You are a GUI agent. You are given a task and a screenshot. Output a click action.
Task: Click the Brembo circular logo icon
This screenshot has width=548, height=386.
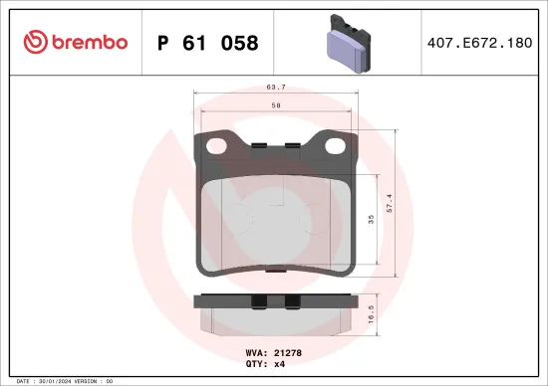click(34, 42)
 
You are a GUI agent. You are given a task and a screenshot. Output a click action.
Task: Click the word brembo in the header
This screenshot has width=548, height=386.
click(90, 43)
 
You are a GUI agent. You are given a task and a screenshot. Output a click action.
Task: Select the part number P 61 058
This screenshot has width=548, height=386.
click(208, 44)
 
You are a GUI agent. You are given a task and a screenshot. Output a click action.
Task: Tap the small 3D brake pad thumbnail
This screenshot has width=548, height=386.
click(344, 43)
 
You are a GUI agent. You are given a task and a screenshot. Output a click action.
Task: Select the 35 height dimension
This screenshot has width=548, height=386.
click(371, 222)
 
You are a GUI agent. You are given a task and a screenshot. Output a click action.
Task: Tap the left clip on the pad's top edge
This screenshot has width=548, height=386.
click(257, 146)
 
